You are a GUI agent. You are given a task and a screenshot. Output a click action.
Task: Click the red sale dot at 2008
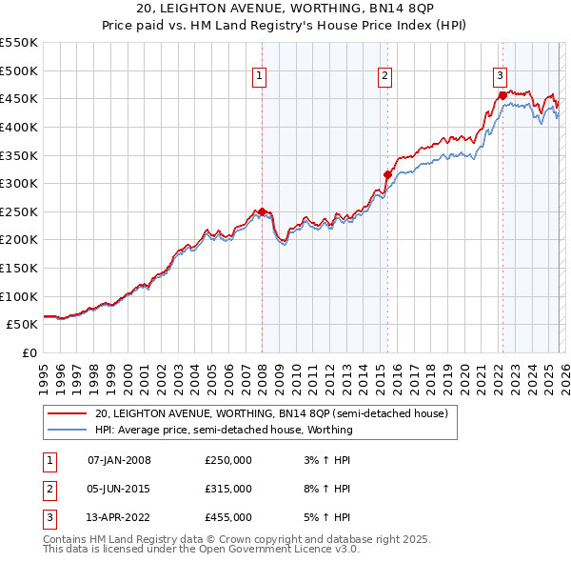262,211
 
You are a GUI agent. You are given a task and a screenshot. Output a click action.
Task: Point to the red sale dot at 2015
387,174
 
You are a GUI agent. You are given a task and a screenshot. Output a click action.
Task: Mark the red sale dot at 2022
502,95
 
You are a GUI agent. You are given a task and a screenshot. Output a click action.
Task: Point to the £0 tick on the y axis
29,352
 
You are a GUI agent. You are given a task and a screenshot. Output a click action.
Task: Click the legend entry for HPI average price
224,430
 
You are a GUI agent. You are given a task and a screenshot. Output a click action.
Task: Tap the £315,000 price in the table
228,489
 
